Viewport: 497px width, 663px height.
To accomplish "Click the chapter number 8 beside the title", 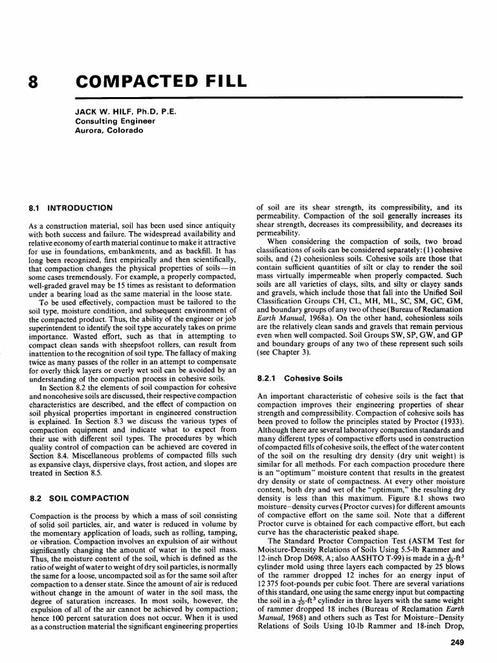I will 34,82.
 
